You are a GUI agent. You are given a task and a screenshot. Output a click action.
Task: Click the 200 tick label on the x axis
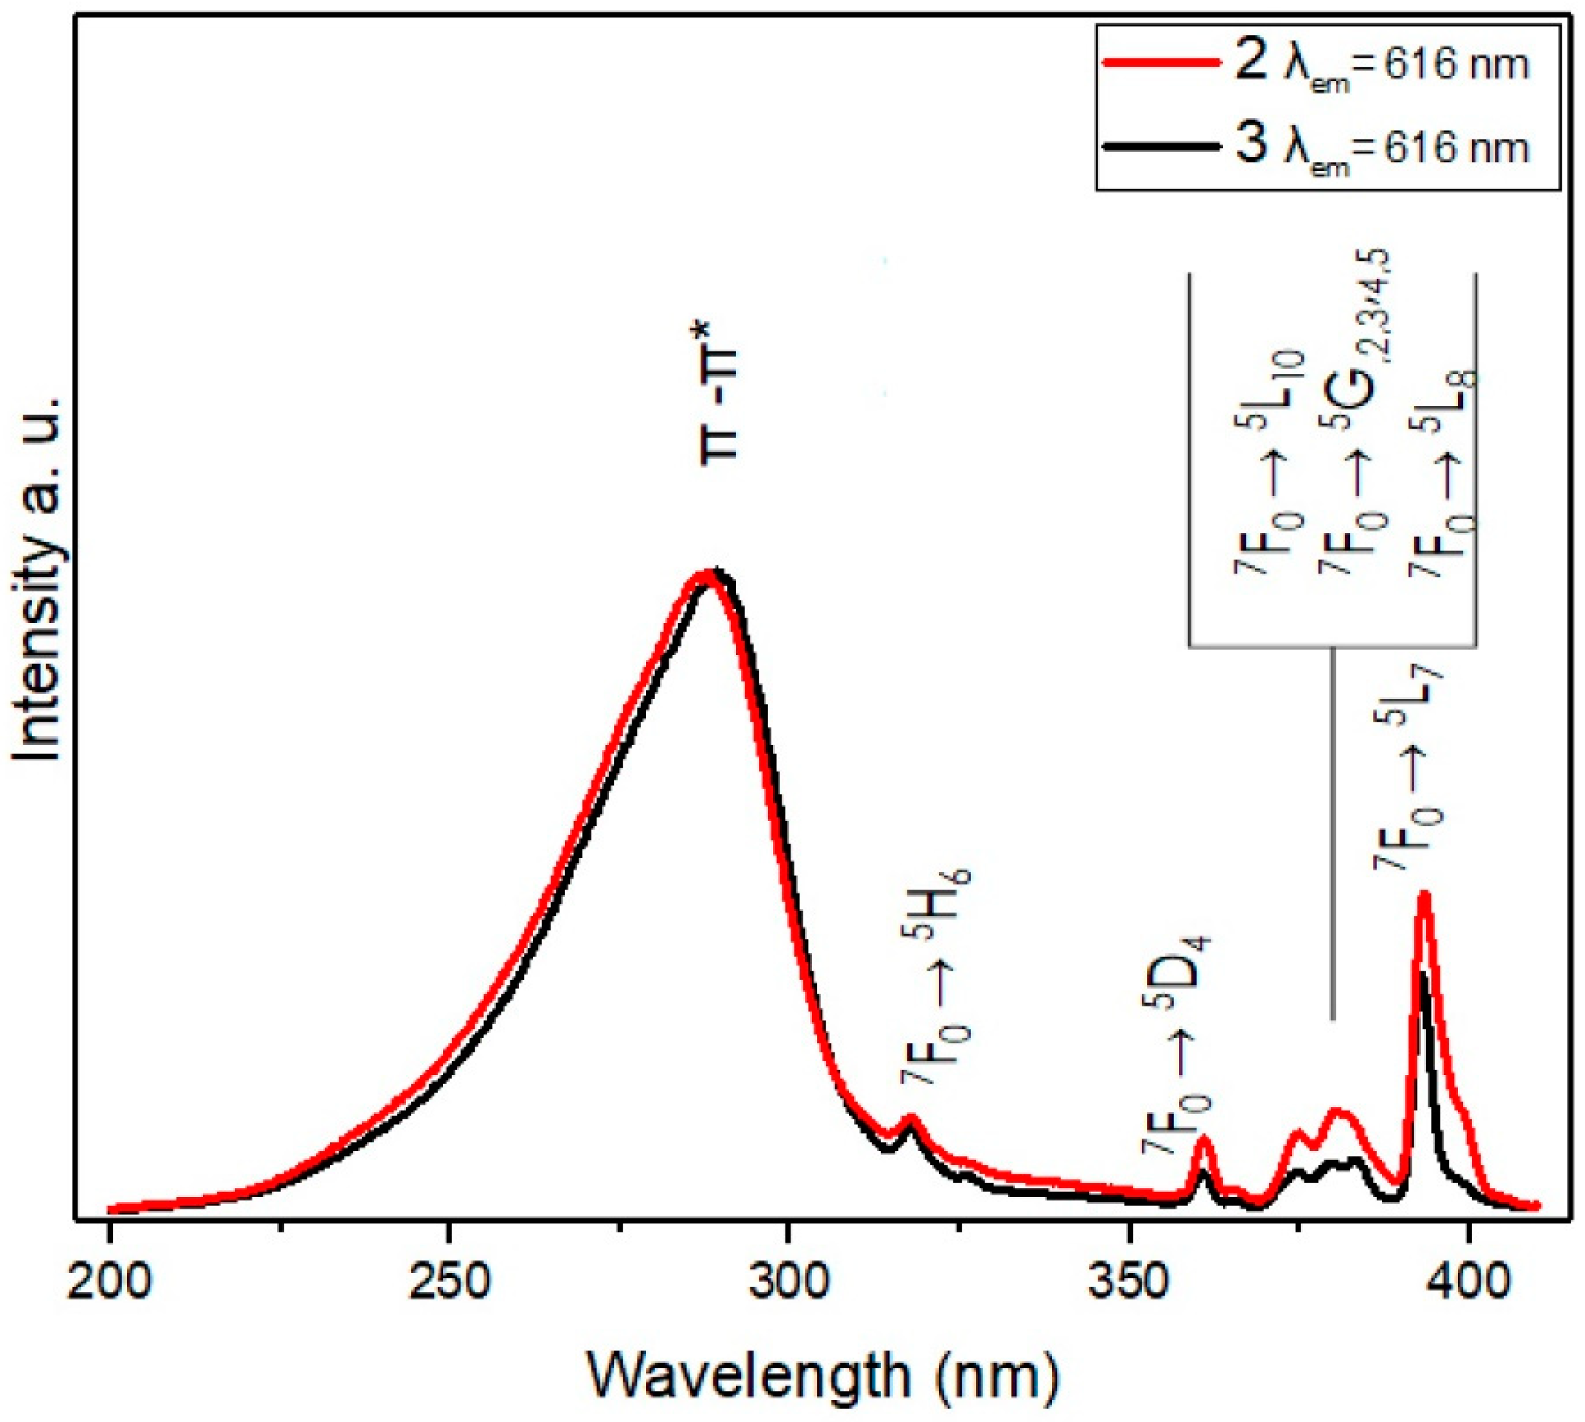(x=109, y=1283)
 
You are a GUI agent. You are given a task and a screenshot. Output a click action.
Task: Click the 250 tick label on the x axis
(x=448, y=1283)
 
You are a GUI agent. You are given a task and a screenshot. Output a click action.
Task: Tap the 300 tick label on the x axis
(x=788, y=1283)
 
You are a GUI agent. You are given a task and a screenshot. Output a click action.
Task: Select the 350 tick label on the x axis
(x=1128, y=1283)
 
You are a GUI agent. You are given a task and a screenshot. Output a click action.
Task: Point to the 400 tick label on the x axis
(x=1468, y=1283)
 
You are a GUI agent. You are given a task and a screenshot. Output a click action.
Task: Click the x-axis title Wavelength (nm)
(x=822, y=1379)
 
